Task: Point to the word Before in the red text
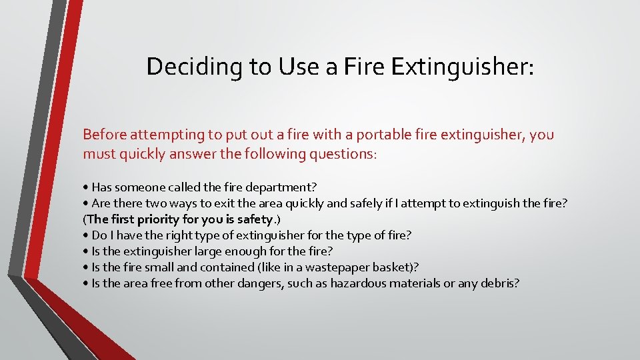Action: click(x=104, y=135)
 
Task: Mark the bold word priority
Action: click(x=153, y=219)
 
